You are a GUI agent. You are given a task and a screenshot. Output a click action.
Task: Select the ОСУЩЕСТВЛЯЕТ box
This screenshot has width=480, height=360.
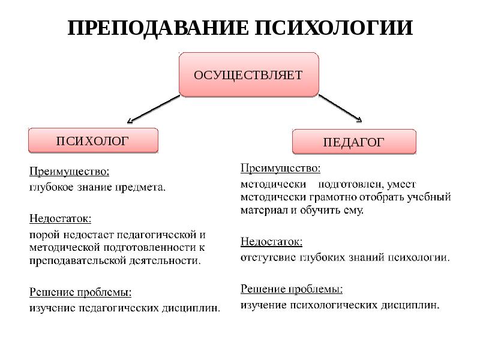point(248,75)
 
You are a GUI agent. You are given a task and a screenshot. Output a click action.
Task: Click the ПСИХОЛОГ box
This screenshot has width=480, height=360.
point(93,141)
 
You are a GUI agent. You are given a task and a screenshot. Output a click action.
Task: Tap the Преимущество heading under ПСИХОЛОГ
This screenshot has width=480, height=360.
point(70,172)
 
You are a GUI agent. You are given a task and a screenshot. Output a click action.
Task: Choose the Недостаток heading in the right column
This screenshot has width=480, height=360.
point(271,242)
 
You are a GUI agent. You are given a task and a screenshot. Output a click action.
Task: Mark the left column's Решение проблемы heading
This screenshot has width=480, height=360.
point(80,293)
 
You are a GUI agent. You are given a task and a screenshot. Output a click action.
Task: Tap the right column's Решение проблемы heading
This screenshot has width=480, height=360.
point(292,289)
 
